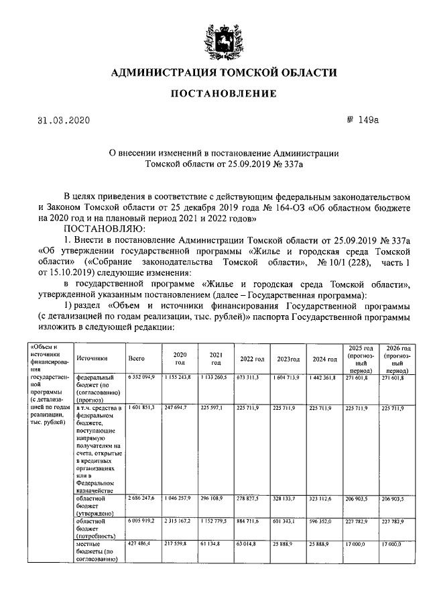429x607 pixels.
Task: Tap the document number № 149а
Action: (x=363, y=120)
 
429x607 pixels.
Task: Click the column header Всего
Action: (x=136, y=359)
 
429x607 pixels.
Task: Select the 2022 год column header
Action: (x=250, y=359)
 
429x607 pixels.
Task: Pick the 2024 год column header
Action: (x=324, y=359)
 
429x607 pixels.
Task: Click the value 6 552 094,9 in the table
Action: (x=141, y=378)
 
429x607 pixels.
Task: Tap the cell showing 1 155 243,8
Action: (x=179, y=378)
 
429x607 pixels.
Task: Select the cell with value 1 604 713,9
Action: (x=290, y=378)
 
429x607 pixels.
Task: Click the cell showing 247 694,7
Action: (x=179, y=407)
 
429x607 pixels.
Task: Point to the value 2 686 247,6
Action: (x=141, y=499)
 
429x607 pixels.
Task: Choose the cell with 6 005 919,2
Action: (x=141, y=521)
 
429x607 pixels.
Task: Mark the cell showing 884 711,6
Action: (x=252, y=521)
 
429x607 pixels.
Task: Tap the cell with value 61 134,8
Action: (x=215, y=545)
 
